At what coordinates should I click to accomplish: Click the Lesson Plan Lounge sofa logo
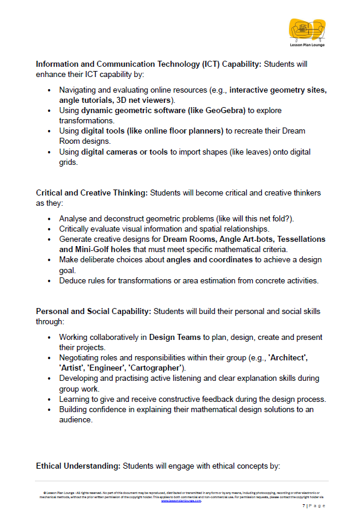(x=307, y=29)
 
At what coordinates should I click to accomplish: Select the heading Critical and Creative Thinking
(x=92, y=193)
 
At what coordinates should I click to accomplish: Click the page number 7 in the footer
(x=304, y=506)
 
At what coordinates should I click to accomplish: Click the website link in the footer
(x=181, y=501)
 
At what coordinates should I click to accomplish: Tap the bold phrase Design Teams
(x=175, y=337)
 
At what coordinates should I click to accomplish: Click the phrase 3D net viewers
(x=144, y=100)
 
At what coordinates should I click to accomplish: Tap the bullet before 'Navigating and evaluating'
(x=49, y=90)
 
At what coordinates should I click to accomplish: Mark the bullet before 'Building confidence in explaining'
(x=49, y=410)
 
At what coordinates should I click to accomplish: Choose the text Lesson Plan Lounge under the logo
(x=307, y=45)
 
